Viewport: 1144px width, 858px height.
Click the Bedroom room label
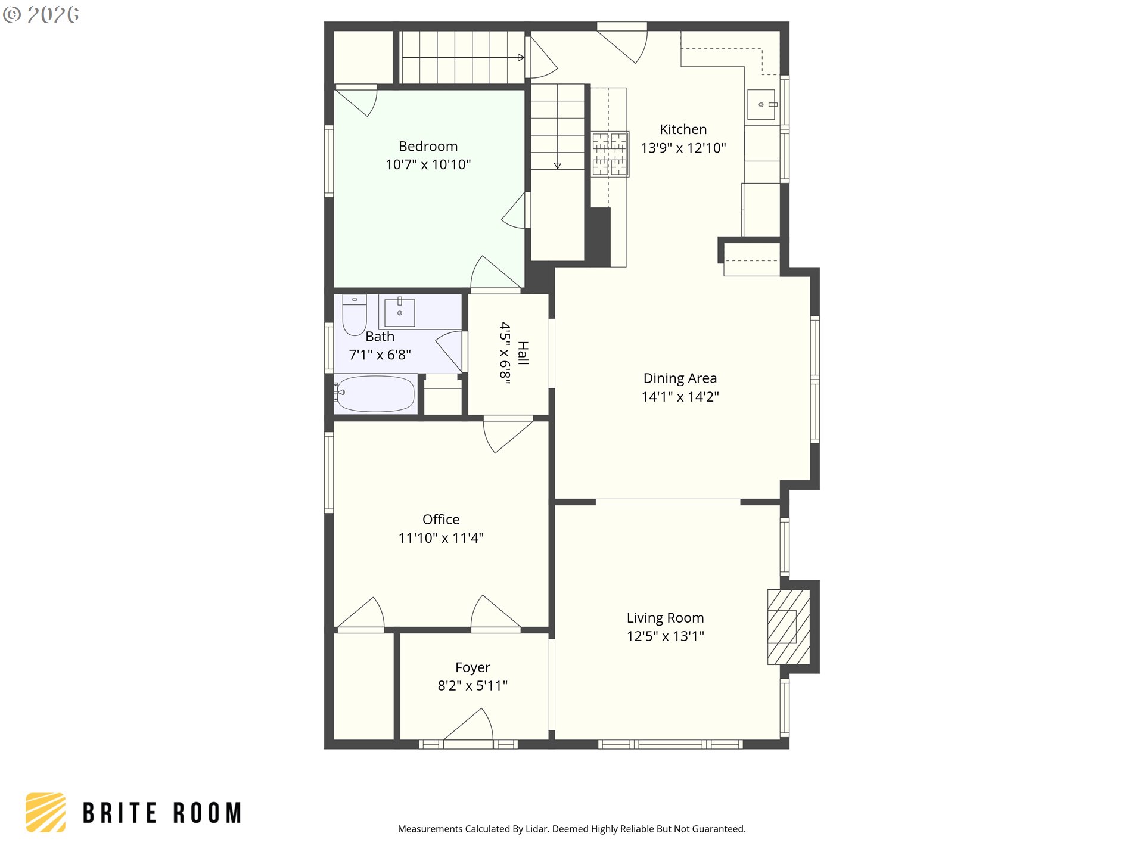point(428,146)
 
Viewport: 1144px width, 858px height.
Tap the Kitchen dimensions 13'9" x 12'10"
point(683,148)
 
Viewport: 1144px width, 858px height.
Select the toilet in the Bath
point(355,315)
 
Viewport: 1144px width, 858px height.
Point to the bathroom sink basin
point(400,313)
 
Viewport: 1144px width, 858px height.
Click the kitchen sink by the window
point(761,104)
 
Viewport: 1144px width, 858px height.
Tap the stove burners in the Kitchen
point(610,154)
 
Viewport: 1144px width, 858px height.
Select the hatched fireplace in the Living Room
point(788,627)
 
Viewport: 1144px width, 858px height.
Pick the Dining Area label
point(680,378)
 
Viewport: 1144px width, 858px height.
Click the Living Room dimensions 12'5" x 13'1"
point(665,636)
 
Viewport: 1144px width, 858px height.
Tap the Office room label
point(441,520)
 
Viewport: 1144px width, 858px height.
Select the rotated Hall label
point(523,353)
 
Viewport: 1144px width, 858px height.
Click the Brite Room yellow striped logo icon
point(46,812)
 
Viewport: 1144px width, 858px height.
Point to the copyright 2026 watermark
point(41,15)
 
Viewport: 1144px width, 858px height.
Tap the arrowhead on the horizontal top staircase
point(521,58)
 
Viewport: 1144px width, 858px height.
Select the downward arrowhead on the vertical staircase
point(558,166)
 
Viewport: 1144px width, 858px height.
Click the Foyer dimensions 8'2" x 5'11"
point(472,685)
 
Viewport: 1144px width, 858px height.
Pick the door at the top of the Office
point(508,435)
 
